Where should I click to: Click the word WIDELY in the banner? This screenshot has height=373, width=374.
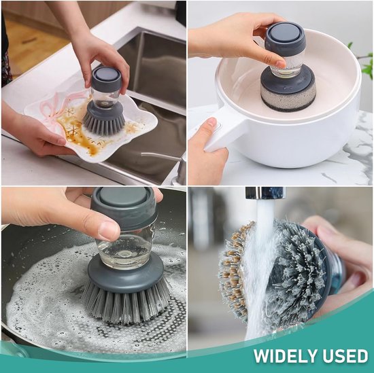286,356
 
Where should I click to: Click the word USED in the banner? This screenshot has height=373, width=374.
345,356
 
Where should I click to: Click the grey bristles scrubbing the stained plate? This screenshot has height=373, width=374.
103,123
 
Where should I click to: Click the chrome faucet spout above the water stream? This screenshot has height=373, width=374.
265,193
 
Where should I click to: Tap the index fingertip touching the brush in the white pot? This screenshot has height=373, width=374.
279,63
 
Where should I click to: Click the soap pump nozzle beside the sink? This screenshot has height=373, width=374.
163,157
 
